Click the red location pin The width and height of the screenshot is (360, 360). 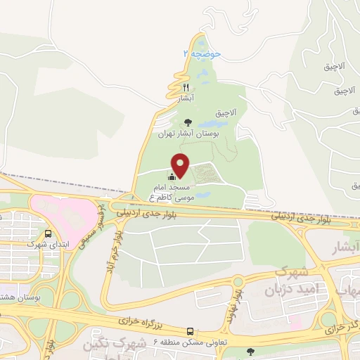181,165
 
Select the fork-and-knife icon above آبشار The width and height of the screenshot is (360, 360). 186,87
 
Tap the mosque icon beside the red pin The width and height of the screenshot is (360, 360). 172,176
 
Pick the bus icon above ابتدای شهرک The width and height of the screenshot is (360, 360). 47,234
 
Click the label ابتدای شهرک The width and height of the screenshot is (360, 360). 44,245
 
